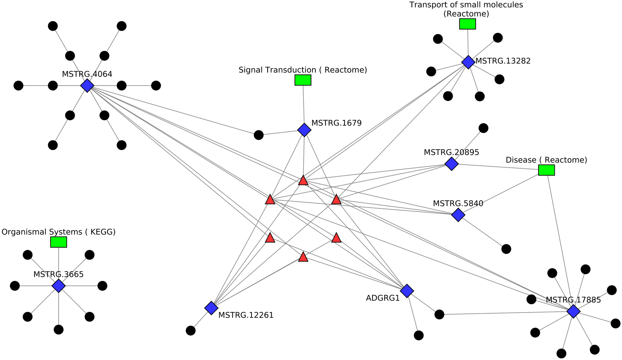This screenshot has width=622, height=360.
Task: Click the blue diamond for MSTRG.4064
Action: pos(87,85)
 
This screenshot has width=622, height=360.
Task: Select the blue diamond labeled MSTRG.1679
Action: pos(304,130)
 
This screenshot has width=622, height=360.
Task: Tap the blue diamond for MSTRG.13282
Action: pos(468,62)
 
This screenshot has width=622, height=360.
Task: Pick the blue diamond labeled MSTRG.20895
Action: pos(451,164)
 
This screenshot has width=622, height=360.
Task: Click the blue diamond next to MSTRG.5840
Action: pos(458,215)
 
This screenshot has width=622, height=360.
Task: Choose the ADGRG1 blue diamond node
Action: pos(407,291)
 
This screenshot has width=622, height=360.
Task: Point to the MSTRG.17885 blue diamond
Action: pos(573,311)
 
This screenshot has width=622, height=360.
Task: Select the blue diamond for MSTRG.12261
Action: pos(211,308)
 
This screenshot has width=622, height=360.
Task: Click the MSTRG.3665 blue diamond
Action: pos(59,286)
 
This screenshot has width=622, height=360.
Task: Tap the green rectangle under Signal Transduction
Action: pos(303,80)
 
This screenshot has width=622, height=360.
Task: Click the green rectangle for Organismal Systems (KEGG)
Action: pos(59,242)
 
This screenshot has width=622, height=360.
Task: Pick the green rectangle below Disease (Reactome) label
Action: pos(546,170)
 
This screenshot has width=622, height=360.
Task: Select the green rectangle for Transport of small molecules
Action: pos(467,24)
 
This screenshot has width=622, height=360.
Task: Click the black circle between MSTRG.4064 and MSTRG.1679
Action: pos(258,135)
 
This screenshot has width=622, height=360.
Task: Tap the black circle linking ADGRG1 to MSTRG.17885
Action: pos(439,314)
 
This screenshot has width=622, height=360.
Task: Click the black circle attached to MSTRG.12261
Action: pos(191,330)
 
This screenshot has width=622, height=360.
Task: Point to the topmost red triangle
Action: pos(303,181)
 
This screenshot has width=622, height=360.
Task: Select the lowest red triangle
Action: pos(303,257)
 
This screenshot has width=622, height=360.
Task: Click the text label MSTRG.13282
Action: pos(503,61)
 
